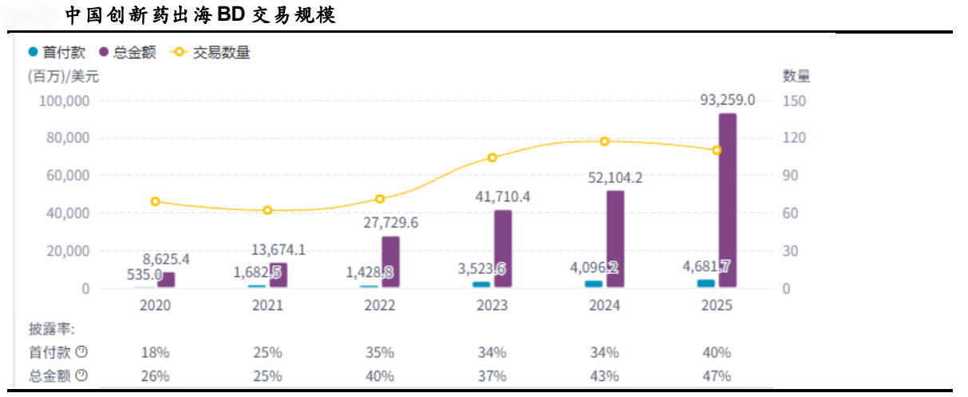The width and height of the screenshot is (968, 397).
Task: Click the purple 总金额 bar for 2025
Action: point(727,200)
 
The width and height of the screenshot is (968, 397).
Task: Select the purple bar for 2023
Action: point(503,248)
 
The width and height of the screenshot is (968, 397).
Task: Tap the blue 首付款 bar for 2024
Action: point(593,284)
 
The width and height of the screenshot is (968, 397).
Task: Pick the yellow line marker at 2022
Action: point(380,199)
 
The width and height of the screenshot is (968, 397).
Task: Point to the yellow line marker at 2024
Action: point(604,141)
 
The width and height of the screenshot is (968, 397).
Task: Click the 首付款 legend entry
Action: point(57,53)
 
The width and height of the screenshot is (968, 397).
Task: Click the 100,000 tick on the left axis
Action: point(62,101)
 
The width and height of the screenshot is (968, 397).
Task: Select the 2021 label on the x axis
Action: point(267,305)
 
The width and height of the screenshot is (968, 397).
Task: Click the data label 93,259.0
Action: point(727,101)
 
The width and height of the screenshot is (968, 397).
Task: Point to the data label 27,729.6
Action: point(390,223)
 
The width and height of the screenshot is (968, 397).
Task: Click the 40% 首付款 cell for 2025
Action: point(717,352)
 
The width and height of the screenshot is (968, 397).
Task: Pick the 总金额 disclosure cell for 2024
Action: point(604,376)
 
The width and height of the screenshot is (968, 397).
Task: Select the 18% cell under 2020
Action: point(155,352)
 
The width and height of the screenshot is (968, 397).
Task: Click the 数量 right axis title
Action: point(796,77)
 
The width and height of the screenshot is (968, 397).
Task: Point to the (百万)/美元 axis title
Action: point(63,77)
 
